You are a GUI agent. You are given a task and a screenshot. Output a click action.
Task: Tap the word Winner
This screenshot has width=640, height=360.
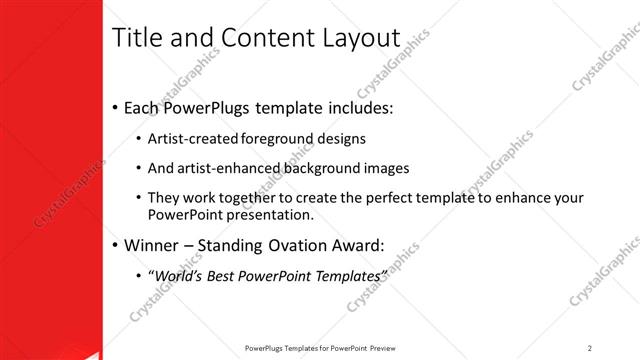coord(152,244)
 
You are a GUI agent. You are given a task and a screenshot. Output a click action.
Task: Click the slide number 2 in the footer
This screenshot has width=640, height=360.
coord(590,348)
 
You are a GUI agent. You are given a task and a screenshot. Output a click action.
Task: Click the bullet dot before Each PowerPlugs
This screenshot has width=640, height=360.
coord(115,107)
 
